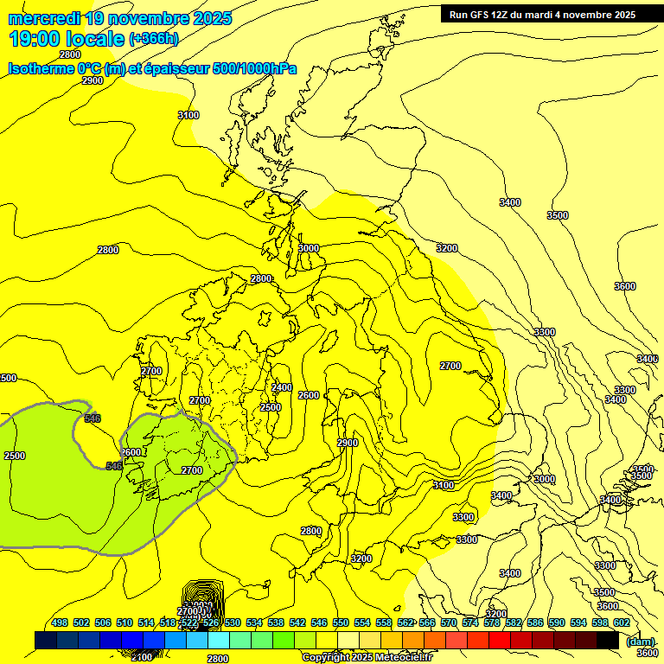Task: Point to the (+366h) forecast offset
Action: tap(154, 39)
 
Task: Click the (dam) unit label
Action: tap(640, 641)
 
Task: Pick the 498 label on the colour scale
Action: tap(60, 622)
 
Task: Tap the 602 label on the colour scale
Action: tap(621, 622)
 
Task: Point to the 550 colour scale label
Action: tap(340, 622)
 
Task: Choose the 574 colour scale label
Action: tap(469, 622)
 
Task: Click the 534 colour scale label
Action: tap(254, 622)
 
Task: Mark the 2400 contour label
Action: tap(281, 388)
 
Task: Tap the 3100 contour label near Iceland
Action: tap(188, 115)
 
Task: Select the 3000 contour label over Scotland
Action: tap(308, 248)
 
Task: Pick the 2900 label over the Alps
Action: tap(347, 443)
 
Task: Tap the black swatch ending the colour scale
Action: tap(607, 640)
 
